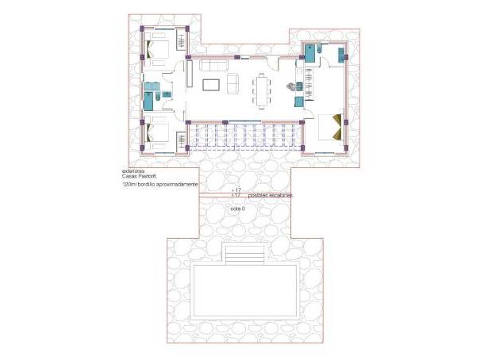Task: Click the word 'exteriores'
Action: point(133,170)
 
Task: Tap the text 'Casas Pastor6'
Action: point(138,176)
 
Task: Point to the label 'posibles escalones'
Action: point(270,195)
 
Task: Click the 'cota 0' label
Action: point(238,208)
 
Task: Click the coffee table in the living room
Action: point(212,85)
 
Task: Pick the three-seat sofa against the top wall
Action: point(212,66)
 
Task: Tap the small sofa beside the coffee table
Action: point(234,82)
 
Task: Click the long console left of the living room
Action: point(190,75)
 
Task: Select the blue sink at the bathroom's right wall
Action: point(342,55)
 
